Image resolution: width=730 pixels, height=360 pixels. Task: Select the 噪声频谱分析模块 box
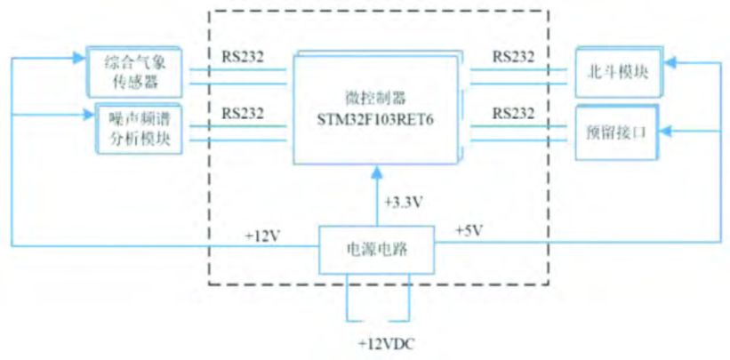(137, 129)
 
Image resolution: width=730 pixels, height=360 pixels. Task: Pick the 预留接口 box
(618, 132)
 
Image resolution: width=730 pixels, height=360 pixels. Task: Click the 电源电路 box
(376, 249)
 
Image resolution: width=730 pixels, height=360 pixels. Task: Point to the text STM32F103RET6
(377, 116)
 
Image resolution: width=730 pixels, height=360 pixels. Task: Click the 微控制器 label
(377, 96)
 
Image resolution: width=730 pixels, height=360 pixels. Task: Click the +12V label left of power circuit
(262, 236)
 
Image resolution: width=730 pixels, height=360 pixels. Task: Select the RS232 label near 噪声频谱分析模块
(243, 114)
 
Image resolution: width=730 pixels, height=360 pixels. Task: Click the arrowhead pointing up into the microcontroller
(376, 169)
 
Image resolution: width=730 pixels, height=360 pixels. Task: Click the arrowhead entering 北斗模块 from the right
(671, 64)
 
